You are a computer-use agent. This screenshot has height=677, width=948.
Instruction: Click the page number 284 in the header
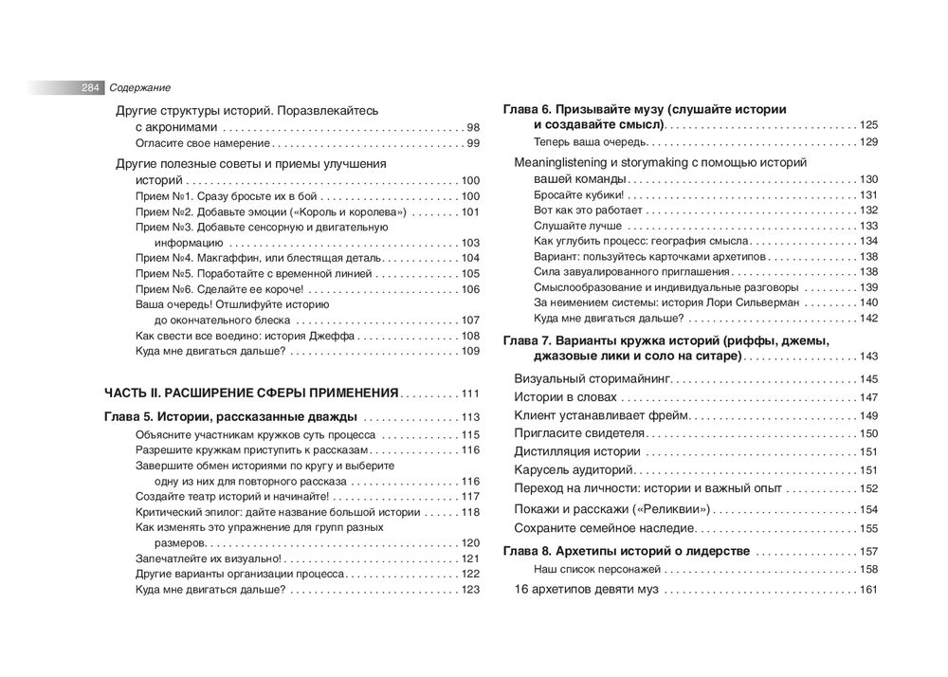coord(91,87)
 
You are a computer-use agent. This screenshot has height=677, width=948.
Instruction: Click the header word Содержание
coord(138,87)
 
